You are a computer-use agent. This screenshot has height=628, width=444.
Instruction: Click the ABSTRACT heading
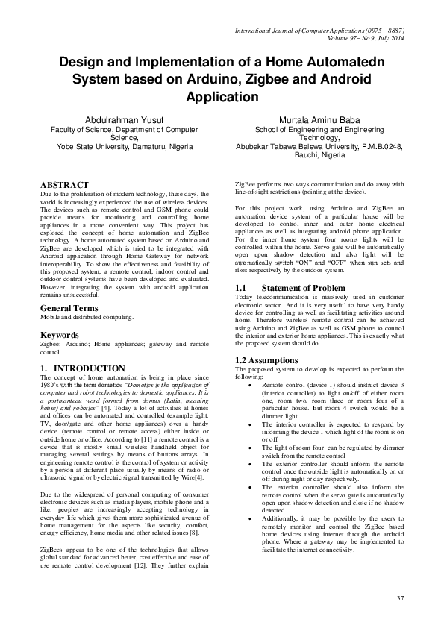[x=64, y=185]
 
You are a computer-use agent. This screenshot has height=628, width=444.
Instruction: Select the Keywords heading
[x=59, y=335]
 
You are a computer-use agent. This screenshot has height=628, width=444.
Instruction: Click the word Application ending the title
[x=222, y=97]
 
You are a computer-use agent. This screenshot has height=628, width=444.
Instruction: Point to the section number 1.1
[x=241, y=287]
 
